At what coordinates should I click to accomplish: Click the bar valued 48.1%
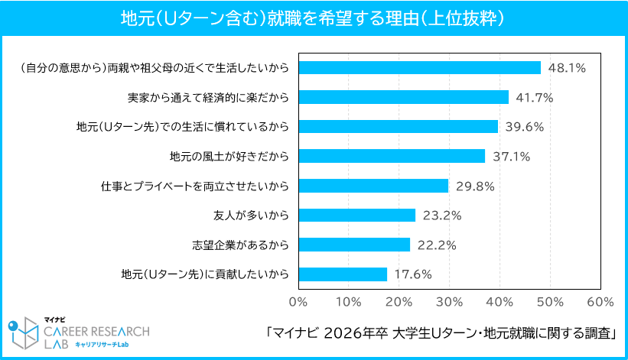[419, 67]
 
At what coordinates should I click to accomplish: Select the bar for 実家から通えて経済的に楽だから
[403, 97]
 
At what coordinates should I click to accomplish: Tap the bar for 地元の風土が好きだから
[392, 156]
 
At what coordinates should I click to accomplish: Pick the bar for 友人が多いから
[356, 216]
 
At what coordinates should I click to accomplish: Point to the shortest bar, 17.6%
[343, 274]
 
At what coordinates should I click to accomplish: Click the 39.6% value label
[524, 127]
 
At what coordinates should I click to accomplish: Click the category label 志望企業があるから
[240, 245]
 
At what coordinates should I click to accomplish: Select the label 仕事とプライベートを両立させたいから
[194, 186]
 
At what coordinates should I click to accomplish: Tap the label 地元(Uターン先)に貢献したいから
[204, 274]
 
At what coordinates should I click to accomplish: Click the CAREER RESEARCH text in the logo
[96, 330]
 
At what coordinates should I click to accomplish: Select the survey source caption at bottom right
[441, 333]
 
